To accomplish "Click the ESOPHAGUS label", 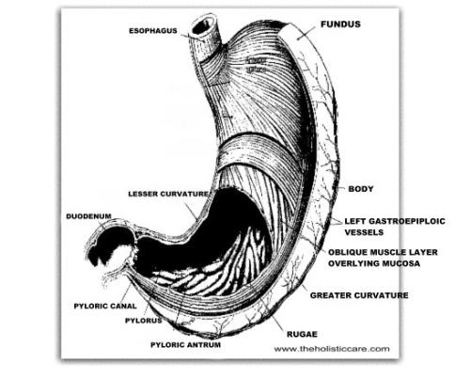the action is coord(153,31).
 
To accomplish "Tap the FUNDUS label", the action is coord(340,24).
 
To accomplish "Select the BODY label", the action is coord(361,189).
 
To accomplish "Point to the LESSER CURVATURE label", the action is coord(168,194).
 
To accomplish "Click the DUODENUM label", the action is coord(88,216).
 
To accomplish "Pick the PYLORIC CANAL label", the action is coord(105,306).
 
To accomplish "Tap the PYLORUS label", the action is coord(144,321).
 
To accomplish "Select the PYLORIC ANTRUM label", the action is coord(186,345).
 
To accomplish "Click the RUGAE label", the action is coord(302,334).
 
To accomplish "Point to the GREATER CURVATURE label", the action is coord(359,295).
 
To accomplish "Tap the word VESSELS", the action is coord(364,232).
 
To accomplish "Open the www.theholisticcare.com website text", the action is coord(332,349).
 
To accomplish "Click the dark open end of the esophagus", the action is coord(203,26).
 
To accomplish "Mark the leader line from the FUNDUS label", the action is coord(306,33).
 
